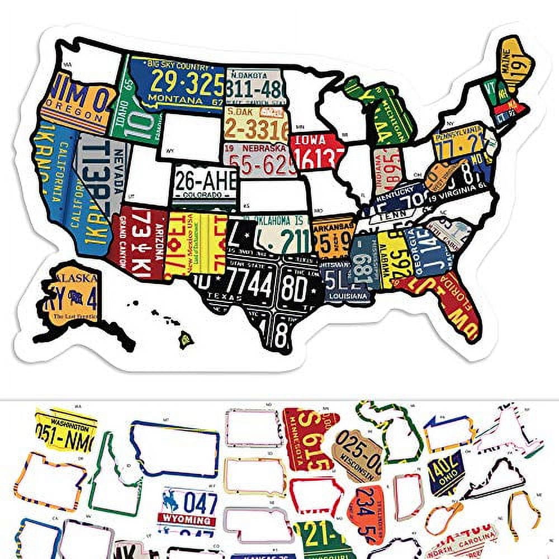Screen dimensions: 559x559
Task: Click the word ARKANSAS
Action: pos(334,225)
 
